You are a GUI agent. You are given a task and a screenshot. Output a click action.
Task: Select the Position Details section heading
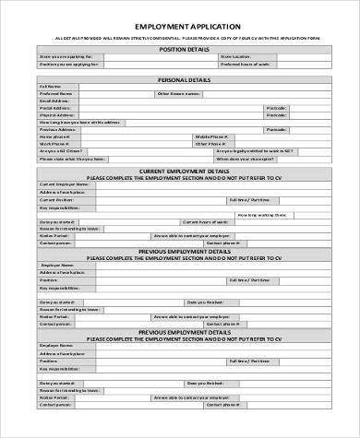pos(181,48)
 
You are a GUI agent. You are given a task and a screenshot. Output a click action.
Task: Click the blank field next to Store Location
pos(287,56)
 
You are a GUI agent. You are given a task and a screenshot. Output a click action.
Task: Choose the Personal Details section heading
pos(181,79)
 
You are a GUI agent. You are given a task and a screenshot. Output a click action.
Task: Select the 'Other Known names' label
pos(177,94)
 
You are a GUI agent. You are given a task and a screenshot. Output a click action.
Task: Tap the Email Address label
pos(54,101)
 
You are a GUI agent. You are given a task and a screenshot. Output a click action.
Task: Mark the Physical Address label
pos(55,115)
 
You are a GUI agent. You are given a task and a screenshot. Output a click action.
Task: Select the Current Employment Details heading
pos(181,171)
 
